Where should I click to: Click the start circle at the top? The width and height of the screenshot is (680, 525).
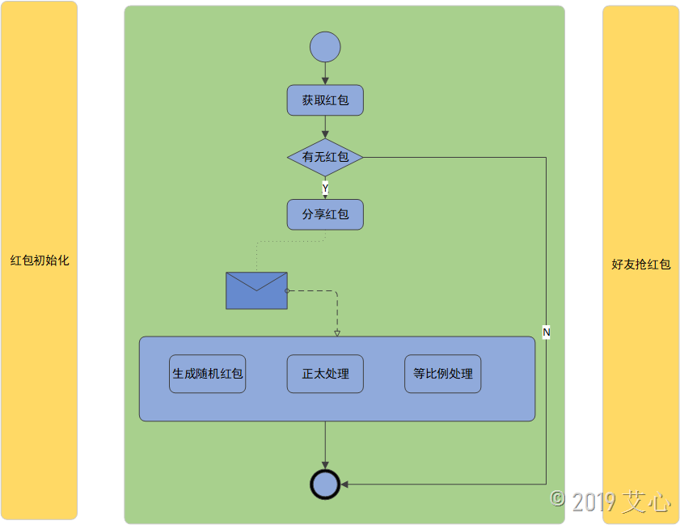325,47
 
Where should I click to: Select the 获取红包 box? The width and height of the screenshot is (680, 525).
325,100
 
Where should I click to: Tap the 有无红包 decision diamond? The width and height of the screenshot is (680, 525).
325,157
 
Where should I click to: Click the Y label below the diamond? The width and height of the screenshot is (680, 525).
325,188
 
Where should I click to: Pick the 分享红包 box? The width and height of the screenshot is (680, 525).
325,214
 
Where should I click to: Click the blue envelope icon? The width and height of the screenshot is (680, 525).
256,290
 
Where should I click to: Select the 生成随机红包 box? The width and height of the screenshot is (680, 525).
208,374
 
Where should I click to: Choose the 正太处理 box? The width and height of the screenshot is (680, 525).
325,374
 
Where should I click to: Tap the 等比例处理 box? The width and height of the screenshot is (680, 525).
442,374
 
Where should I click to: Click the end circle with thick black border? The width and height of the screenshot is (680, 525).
325,484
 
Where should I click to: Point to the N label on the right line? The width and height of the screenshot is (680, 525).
546,332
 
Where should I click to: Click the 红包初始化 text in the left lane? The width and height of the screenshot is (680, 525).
39,260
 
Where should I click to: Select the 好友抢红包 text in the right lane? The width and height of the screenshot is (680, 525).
641,265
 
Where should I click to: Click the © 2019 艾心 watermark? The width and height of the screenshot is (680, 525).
610,502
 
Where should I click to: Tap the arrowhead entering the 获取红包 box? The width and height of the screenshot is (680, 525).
325,81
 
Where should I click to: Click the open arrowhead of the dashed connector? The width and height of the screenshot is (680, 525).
337,332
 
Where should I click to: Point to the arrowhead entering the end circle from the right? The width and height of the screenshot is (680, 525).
344,484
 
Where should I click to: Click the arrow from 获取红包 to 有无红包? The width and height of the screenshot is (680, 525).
325,127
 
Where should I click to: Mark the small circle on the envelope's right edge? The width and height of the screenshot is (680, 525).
287,290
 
